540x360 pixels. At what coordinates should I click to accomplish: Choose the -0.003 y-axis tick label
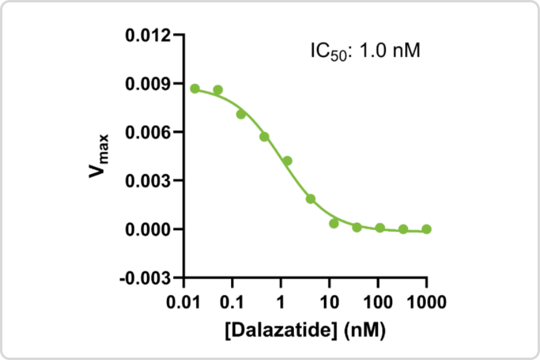[144, 278]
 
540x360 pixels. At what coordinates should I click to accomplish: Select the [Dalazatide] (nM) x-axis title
[304, 329]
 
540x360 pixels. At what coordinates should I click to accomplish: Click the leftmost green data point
[195, 89]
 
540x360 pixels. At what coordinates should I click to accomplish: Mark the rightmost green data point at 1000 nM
[427, 229]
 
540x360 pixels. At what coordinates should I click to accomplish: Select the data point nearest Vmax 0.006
[264, 137]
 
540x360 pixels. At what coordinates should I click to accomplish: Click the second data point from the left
[218, 90]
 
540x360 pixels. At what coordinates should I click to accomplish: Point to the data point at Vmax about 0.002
[310, 199]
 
